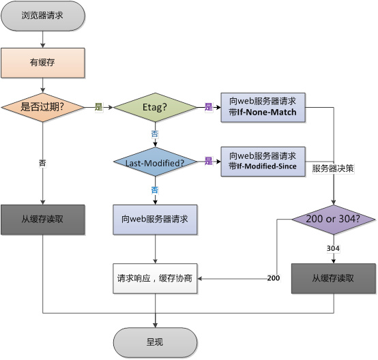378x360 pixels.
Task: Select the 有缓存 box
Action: click(x=43, y=62)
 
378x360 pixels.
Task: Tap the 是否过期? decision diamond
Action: click(x=43, y=107)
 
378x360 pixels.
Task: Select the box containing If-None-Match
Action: click(x=263, y=107)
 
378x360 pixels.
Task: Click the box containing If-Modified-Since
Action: click(x=263, y=161)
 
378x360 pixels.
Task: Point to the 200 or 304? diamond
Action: click(x=334, y=220)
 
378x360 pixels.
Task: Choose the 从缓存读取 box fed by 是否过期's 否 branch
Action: click(x=43, y=220)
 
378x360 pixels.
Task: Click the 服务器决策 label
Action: click(x=333, y=168)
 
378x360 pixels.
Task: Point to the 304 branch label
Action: click(x=334, y=249)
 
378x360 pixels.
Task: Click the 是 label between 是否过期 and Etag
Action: click(x=98, y=107)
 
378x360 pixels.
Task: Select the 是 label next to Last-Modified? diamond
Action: click(x=209, y=162)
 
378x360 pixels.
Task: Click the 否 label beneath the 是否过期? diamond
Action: click(x=43, y=163)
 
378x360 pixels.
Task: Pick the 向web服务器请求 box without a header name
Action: click(x=155, y=220)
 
